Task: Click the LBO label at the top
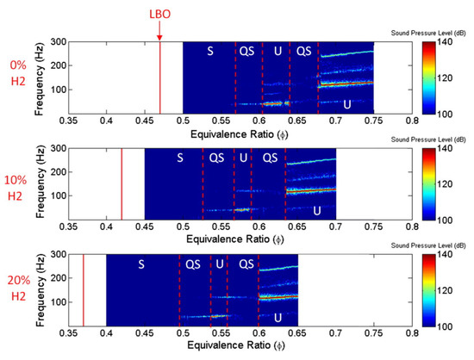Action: click(159, 13)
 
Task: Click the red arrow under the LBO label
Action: click(159, 31)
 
